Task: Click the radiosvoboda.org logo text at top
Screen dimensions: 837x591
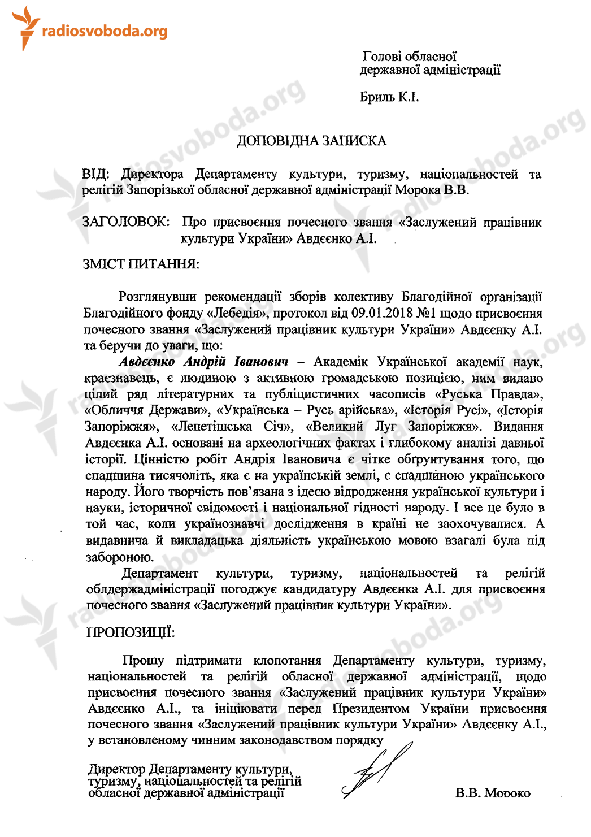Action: pos(105,31)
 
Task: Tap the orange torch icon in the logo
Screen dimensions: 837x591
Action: pos(25,27)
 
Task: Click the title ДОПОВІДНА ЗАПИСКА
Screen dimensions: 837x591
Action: pos(311,141)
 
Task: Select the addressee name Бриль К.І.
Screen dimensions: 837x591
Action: pos(389,97)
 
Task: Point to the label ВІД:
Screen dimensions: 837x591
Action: pos(95,174)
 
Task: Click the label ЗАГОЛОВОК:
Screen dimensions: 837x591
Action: pos(125,222)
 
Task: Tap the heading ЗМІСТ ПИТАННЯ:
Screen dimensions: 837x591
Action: pos(141,264)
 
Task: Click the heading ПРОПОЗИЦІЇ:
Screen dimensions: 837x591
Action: pos(131,632)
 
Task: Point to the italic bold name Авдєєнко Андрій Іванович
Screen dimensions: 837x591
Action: pos(203,362)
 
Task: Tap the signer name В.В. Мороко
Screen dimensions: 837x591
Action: pos(493,793)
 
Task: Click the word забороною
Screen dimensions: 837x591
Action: pos(119,557)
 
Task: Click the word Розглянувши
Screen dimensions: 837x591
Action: pos(157,297)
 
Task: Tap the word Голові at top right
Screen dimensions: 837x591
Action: pos(382,57)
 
